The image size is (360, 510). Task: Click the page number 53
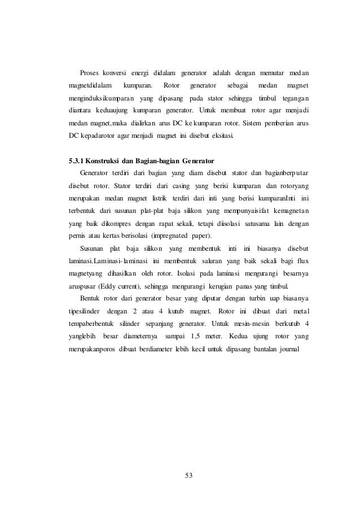pyautogui.click(x=190, y=473)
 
